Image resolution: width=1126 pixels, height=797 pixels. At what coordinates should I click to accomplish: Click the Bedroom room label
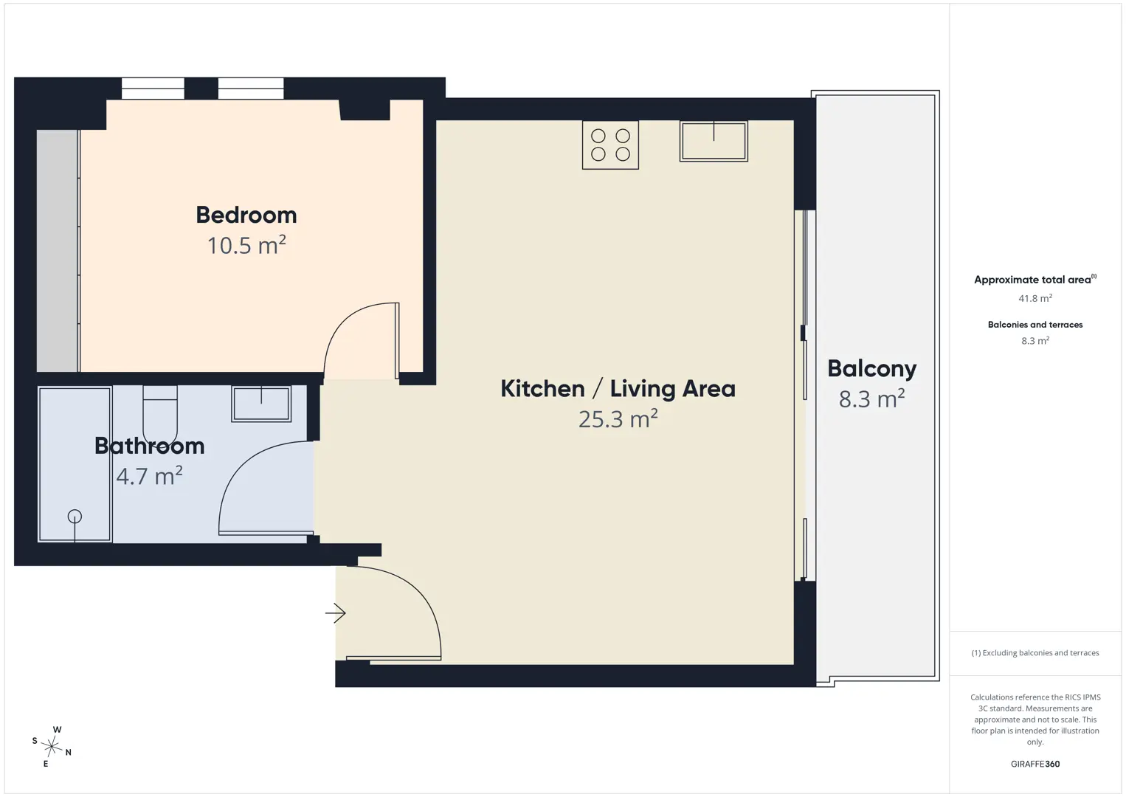pos(246,215)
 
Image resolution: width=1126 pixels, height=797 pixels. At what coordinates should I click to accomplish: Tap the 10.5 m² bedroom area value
pos(246,246)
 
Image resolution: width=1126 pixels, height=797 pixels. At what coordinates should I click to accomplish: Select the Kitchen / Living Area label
pos(618,389)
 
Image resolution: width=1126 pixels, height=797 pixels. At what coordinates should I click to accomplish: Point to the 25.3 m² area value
pos(618,418)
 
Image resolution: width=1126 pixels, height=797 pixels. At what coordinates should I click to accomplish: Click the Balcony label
pos(871,369)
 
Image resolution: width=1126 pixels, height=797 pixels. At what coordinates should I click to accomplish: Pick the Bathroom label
pos(149,446)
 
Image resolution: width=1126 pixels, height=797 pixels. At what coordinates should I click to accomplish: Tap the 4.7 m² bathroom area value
pos(149,476)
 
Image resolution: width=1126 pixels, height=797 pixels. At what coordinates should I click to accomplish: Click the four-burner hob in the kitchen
pos(610,145)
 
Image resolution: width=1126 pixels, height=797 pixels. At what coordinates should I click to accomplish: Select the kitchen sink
pos(714,141)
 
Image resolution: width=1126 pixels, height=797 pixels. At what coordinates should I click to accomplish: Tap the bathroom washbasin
pos(261,403)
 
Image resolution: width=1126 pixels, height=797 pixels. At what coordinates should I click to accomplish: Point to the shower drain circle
pos(75,517)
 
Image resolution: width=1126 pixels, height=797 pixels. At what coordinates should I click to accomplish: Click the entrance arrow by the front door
pos(335,613)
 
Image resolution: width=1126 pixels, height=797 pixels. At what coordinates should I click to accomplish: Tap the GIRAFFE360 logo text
pos(1035,764)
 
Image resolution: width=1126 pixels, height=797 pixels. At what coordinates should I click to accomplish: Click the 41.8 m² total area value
pos(1035,298)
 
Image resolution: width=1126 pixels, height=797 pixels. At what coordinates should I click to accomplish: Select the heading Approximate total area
pos(1032,280)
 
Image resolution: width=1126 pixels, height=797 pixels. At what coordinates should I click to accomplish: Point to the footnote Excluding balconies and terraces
pos(1035,652)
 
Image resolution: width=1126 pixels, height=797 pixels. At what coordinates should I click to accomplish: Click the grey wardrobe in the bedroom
pos(58,251)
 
